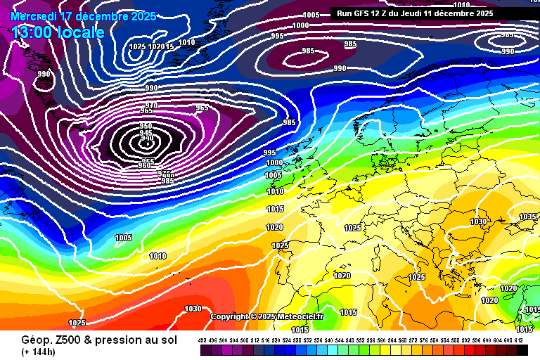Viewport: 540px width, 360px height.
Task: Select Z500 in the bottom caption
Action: click(x=62, y=340)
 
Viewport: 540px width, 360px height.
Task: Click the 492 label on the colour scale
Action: click(x=202, y=340)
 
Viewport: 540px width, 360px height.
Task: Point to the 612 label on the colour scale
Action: click(x=519, y=340)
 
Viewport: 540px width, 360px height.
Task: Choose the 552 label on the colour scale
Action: click(x=361, y=340)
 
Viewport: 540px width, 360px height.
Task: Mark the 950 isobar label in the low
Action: click(x=146, y=126)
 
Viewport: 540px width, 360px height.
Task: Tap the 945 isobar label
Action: click(x=146, y=134)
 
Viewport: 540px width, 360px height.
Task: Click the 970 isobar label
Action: click(x=150, y=105)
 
